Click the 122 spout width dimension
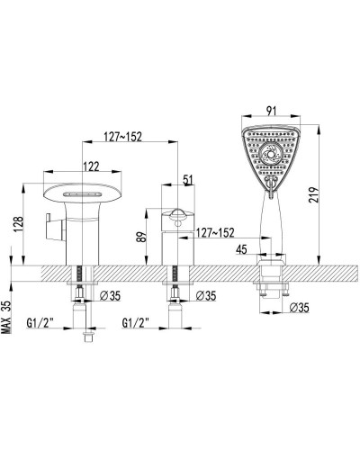click(x=92, y=166)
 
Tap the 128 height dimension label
click(x=18, y=225)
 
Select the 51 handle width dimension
click(x=187, y=180)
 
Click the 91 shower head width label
click(x=271, y=111)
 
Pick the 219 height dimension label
click(x=314, y=195)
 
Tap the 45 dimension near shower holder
click(x=241, y=249)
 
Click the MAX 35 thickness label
click(x=6, y=318)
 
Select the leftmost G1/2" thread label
click(x=40, y=323)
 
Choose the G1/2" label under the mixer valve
click(x=136, y=323)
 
